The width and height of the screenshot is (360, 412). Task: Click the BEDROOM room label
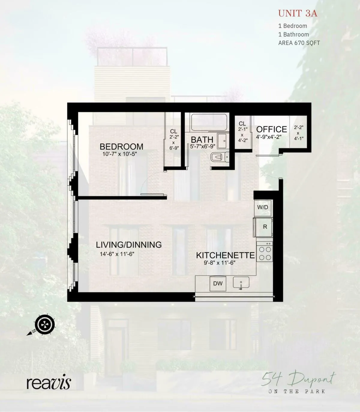click(121, 147)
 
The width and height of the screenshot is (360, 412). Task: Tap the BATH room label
click(202, 140)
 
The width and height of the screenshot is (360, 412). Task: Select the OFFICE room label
click(271, 129)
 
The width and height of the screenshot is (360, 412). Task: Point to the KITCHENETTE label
click(225, 255)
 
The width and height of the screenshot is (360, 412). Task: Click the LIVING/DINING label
click(129, 245)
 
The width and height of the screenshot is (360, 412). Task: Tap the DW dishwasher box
click(218, 283)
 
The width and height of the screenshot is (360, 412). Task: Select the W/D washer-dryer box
click(262, 208)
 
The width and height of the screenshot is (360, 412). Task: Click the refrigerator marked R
click(264, 227)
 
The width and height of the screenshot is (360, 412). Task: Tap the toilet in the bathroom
click(219, 157)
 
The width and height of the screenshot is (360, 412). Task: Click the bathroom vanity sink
click(222, 141)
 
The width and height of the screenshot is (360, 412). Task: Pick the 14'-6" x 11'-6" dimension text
click(117, 254)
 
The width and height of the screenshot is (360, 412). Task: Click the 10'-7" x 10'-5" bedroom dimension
click(120, 154)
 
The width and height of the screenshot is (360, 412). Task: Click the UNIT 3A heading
click(297, 14)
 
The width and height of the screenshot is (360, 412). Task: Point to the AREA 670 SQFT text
click(299, 43)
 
